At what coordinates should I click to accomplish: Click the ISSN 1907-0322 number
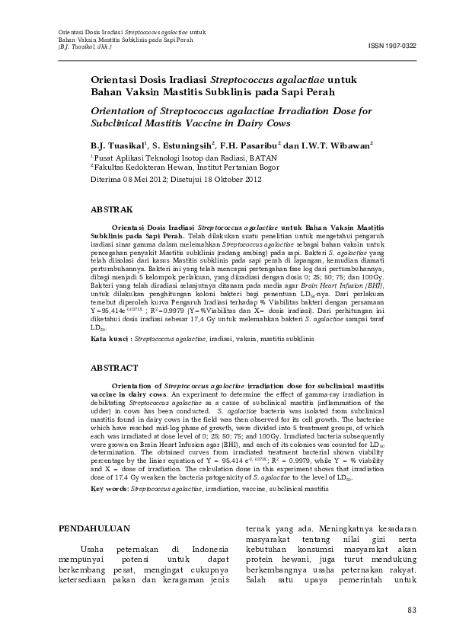(392, 46)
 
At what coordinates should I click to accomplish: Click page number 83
(413, 609)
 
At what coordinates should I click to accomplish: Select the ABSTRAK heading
(112, 208)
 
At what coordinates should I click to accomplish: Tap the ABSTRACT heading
(114, 367)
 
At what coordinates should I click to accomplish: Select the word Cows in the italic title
(277, 122)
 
